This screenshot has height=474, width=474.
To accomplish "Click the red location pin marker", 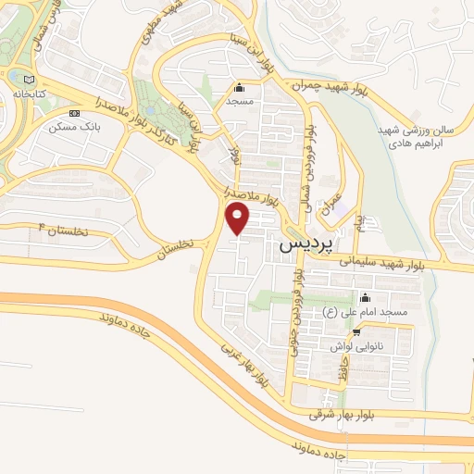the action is (239, 218).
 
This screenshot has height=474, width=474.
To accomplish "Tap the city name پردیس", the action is (303, 245).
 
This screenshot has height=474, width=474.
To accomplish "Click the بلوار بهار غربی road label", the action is (245, 362).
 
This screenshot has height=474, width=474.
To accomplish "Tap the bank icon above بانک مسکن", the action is (74, 113).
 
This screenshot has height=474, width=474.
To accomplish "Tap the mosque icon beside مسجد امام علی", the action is (365, 298).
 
